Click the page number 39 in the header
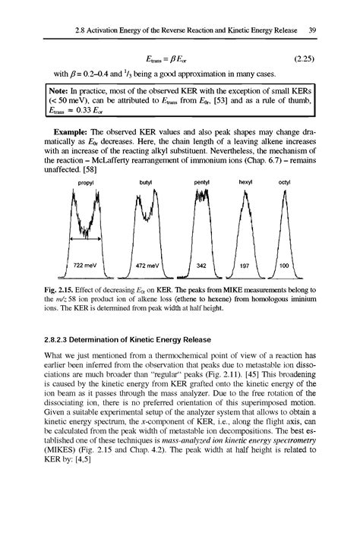coord(312,30)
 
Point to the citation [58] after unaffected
coord(105,172)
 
